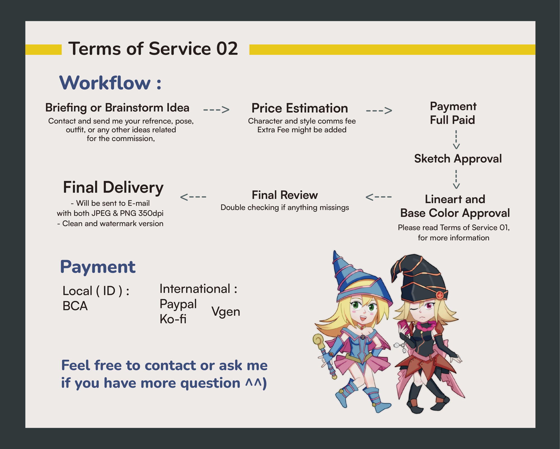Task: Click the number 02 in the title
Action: click(x=227, y=49)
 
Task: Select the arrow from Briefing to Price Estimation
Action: click(x=216, y=109)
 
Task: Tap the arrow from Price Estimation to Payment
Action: click(x=379, y=111)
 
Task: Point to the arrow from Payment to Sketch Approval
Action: click(x=456, y=139)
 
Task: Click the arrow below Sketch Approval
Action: click(x=456, y=179)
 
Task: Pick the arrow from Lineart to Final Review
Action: click(x=378, y=197)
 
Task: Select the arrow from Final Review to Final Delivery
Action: click(x=193, y=197)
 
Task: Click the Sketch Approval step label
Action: click(x=458, y=159)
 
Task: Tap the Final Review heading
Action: click(x=285, y=195)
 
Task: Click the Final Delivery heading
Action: click(x=113, y=187)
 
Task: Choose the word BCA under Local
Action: click(x=75, y=306)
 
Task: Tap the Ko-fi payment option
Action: click(x=173, y=319)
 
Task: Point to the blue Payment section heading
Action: click(x=98, y=267)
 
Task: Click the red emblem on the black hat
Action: click(x=440, y=295)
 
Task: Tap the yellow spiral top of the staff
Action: click(x=319, y=341)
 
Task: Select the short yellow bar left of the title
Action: click(x=43, y=50)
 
